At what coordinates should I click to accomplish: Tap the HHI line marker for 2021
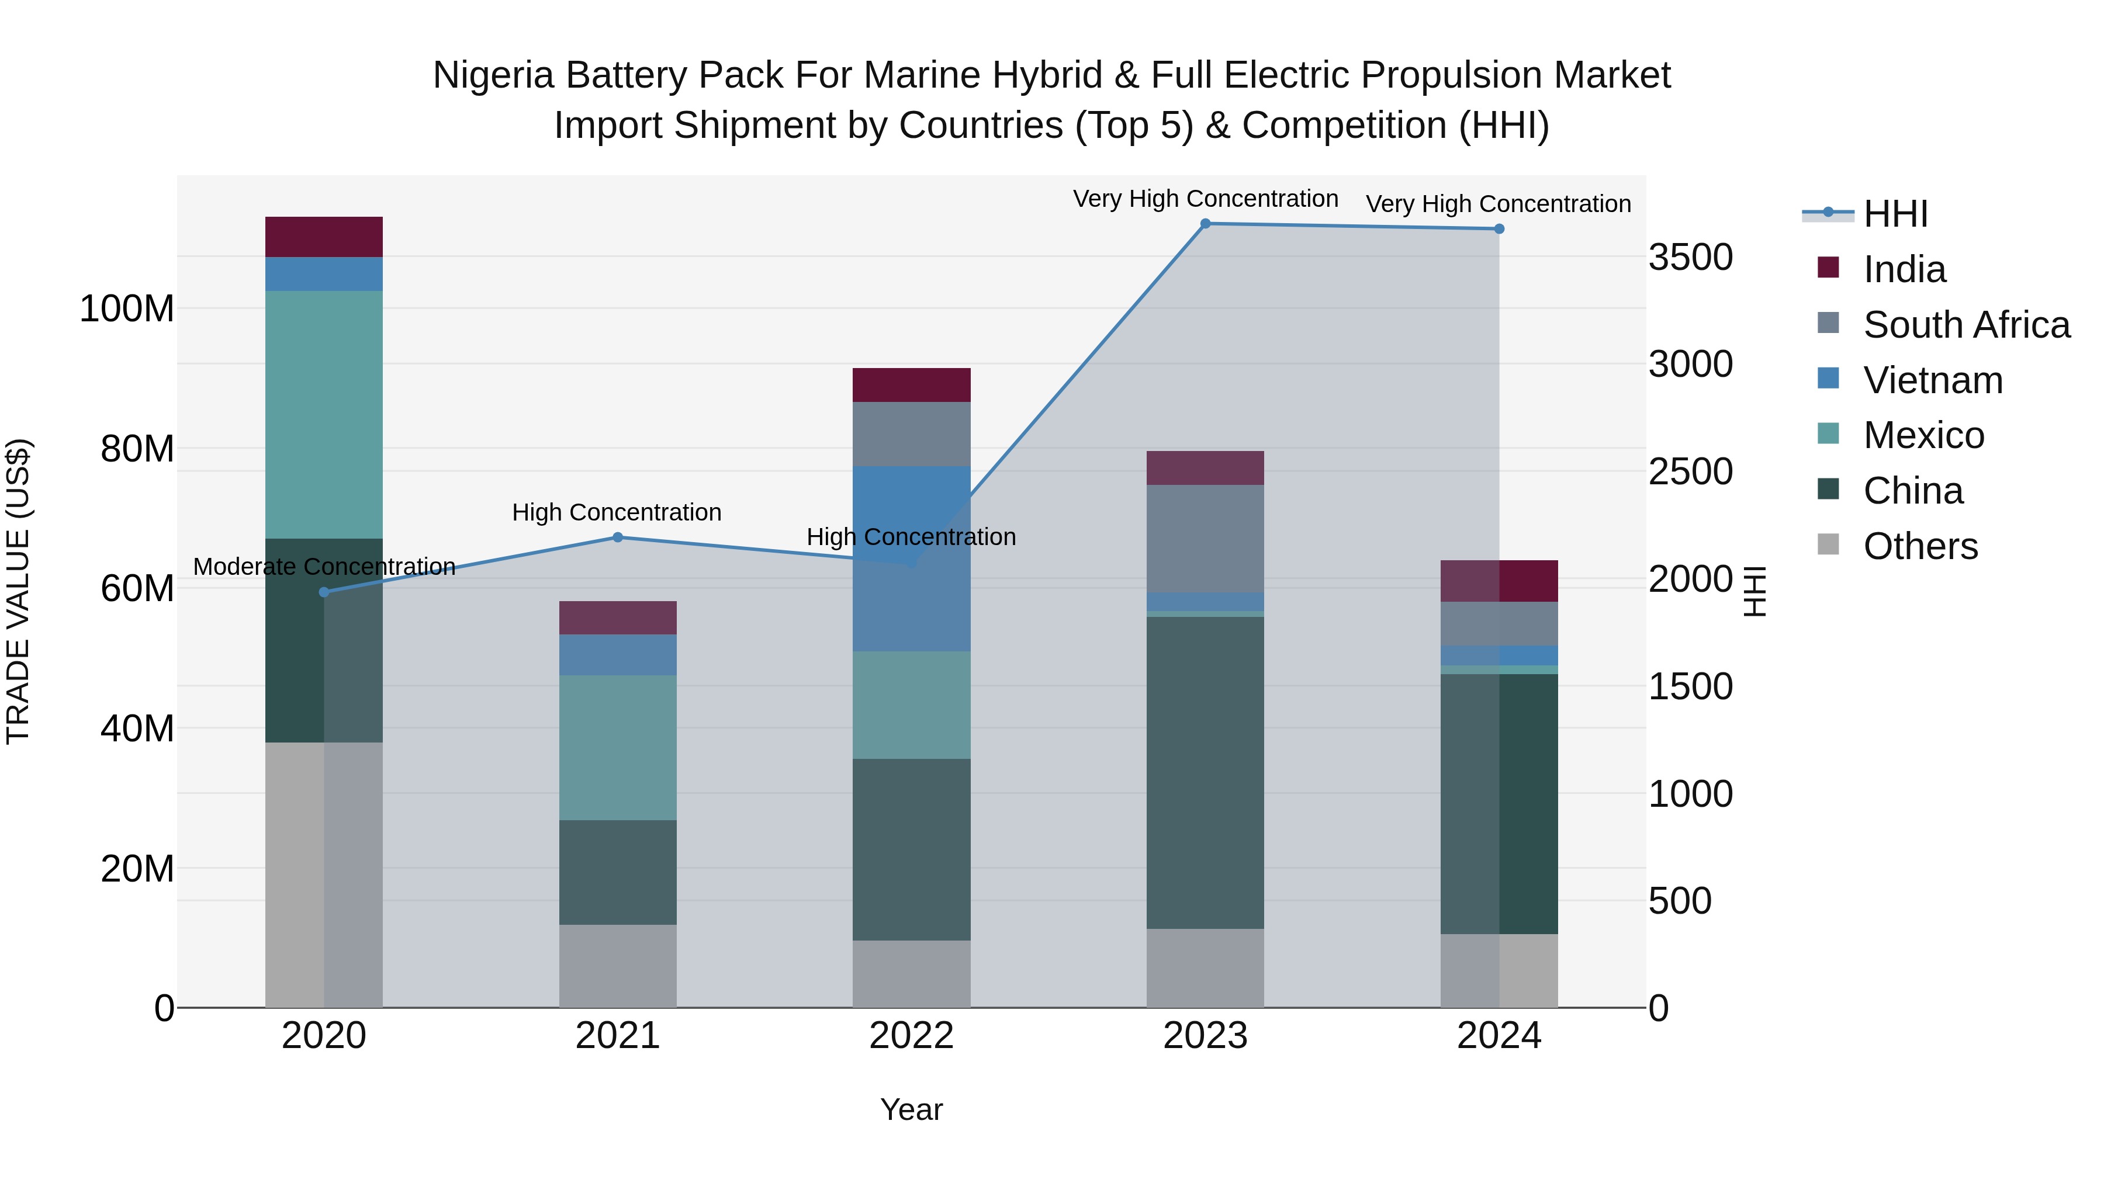pos(618,537)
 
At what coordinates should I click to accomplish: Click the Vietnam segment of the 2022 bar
pos(912,558)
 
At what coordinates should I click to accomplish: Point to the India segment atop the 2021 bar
pos(618,618)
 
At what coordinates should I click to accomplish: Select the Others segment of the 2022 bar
pos(912,973)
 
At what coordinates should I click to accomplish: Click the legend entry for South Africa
pos(1965,325)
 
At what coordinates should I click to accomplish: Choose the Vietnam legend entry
pos(1933,380)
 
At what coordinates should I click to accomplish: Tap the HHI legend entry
pos(1895,214)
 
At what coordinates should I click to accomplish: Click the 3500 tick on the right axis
pos(1690,257)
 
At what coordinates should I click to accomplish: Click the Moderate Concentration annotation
pos(324,567)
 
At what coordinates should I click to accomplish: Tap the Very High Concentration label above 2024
pos(1498,204)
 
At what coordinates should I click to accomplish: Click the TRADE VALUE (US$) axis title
pos(18,591)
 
